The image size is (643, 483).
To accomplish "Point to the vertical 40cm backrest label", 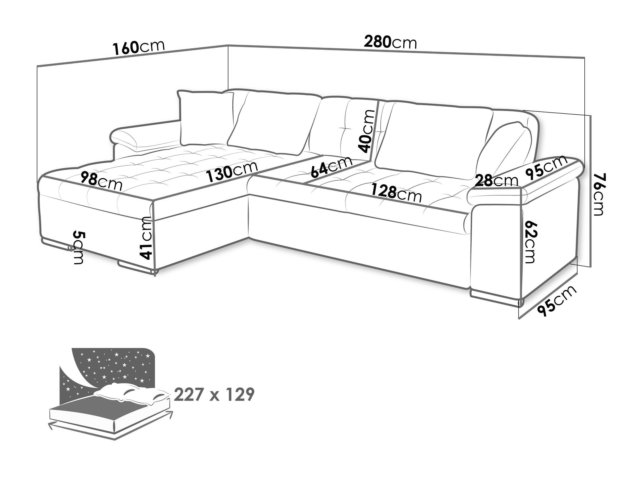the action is [367, 131].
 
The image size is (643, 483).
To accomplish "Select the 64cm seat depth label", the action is [331, 168].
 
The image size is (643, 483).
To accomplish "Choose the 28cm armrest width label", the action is [496, 181].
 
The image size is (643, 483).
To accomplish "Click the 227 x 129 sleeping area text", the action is [214, 395].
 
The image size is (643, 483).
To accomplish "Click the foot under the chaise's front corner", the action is [137, 267].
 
